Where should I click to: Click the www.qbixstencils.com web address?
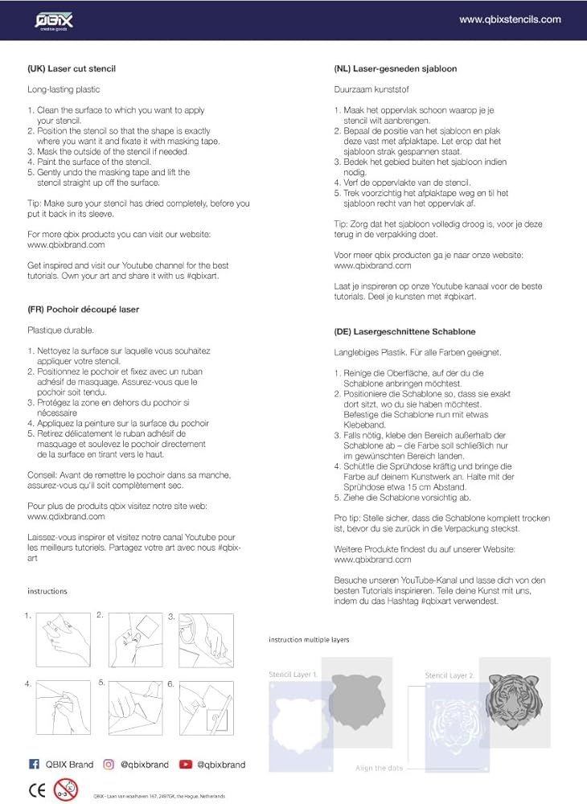[x=510, y=19]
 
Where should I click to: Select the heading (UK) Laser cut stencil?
[x=72, y=69]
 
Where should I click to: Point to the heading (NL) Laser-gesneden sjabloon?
[x=396, y=69]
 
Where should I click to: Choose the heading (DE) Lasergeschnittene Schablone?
[x=404, y=331]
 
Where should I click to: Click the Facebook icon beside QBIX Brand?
[x=34, y=764]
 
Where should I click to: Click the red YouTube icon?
[x=186, y=764]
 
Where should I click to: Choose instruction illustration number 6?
[x=205, y=708]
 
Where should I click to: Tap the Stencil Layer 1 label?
[x=293, y=675]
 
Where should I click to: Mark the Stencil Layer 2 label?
[x=449, y=675]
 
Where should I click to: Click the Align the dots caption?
[x=380, y=769]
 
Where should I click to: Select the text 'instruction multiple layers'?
[x=309, y=640]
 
